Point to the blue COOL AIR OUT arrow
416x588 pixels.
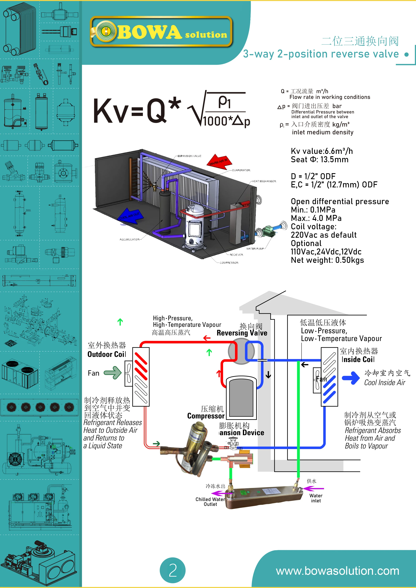(x=130, y=216)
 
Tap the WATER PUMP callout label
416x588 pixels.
(x=255, y=248)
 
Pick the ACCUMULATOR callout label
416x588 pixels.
(x=129, y=240)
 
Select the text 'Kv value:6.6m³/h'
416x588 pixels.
(x=322, y=151)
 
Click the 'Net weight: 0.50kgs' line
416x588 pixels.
(x=327, y=260)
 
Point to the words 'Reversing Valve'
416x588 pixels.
(x=242, y=333)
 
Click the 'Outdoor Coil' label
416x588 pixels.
(x=107, y=354)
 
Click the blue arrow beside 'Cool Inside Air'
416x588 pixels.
(x=351, y=378)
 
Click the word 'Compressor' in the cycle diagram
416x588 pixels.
(x=206, y=416)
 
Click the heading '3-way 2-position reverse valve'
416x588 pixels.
(x=321, y=54)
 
